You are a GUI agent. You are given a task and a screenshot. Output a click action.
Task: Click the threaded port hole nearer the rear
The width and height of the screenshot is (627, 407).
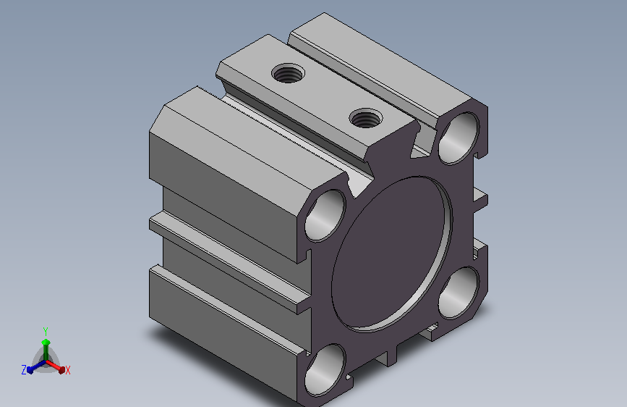tap(288, 73)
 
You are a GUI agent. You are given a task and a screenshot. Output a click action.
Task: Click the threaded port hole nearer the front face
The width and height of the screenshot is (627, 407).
tap(365, 118)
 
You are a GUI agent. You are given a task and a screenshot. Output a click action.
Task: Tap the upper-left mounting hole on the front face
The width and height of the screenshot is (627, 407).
tap(325, 216)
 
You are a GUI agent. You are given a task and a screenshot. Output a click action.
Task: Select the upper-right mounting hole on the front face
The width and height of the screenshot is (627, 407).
tap(459, 138)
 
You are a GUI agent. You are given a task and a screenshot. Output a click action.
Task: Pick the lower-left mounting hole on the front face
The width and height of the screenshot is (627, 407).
tap(325, 371)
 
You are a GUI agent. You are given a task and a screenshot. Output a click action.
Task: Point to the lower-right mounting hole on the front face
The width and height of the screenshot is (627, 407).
tap(459, 293)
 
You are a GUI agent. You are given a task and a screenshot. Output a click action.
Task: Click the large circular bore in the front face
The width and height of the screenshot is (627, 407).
tap(392, 254)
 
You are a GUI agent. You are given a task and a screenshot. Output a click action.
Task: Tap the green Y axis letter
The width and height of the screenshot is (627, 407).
tap(46, 331)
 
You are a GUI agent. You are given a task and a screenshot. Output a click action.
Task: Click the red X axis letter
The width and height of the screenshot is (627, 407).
tap(67, 371)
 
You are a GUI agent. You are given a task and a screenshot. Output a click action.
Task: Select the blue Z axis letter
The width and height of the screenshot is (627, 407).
tap(24, 370)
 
